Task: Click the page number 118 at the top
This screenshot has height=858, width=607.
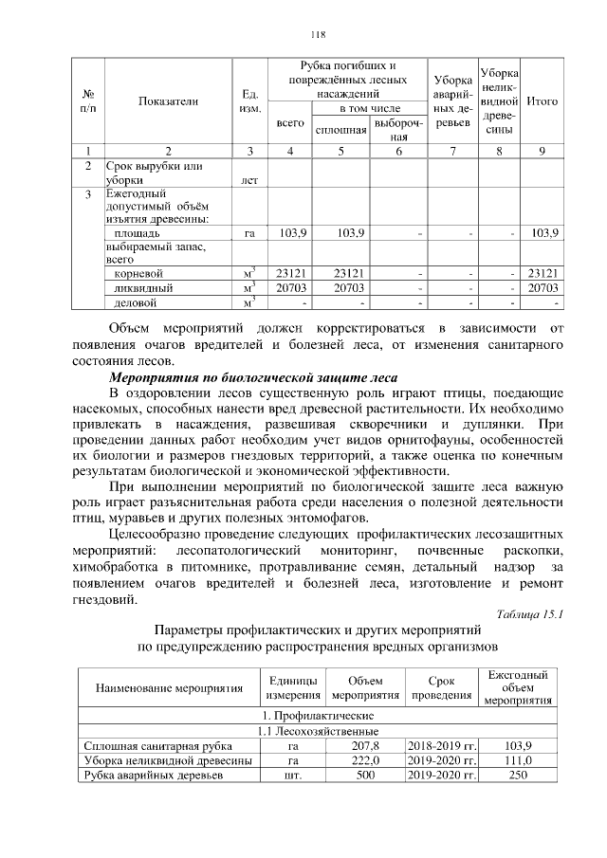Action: tap(318, 35)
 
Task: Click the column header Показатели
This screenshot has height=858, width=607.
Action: tap(168, 100)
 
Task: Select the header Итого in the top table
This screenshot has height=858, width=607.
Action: tap(542, 100)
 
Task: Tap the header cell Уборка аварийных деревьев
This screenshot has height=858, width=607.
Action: tap(450, 100)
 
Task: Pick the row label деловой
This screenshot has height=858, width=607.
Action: tap(134, 302)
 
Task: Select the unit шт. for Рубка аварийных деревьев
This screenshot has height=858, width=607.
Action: tap(293, 776)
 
